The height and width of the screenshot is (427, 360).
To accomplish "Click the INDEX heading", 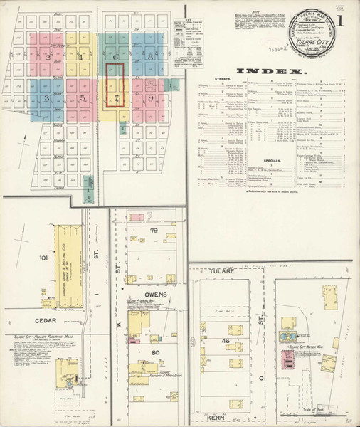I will (x=271, y=71).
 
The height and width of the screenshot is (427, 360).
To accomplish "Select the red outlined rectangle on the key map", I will (x=115, y=86).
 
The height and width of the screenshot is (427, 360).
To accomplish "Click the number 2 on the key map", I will (x=48, y=56).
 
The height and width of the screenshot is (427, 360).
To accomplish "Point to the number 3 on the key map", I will (x=48, y=98).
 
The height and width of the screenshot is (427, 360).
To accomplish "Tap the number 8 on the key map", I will (x=151, y=56).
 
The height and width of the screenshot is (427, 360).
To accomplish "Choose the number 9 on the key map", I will (x=151, y=98).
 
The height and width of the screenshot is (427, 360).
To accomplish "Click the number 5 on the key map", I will (x=83, y=98).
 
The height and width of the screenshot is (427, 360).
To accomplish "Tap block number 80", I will (x=155, y=352).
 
